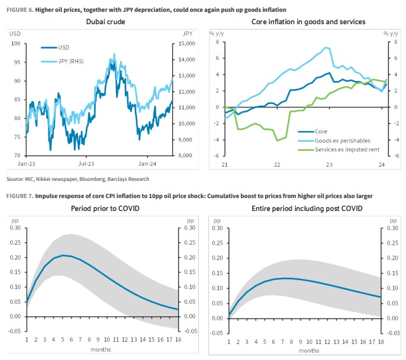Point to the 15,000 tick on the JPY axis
[x=186, y=44]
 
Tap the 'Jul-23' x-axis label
[x=88, y=163]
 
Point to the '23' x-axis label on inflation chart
[x=329, y=165]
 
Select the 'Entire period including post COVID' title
[x=308, y=209]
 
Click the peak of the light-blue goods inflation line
[x=325, y=47]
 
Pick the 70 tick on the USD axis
[x=17, y=155]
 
